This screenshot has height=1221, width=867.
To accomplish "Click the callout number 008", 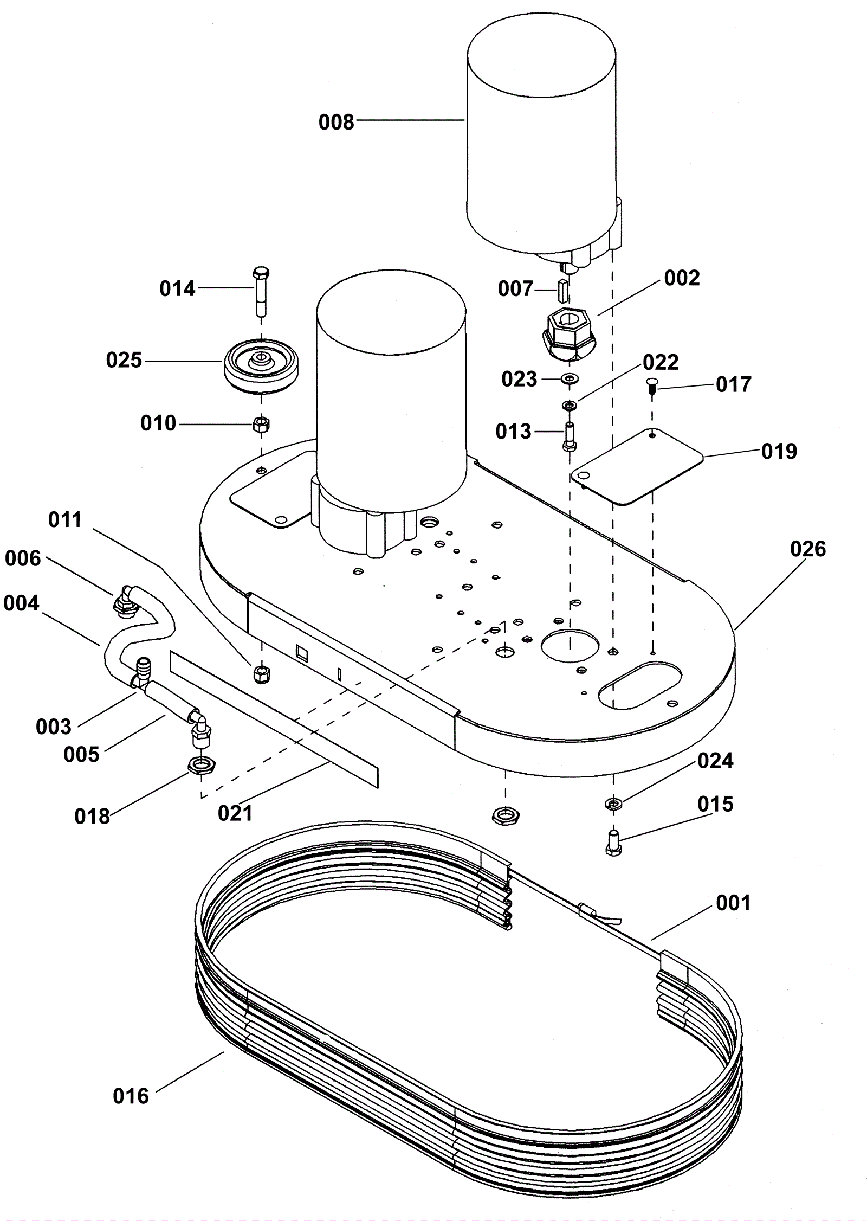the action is [x=336, y=123].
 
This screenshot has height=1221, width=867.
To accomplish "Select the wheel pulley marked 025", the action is [x=262, y=365].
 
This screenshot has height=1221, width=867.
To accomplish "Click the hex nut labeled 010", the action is [x=262, y=423].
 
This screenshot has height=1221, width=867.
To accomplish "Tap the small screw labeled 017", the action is [x=652, y=388].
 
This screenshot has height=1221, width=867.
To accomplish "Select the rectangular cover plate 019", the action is [x=638, y=466].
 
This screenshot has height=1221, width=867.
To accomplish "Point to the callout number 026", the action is [x=808, y=549].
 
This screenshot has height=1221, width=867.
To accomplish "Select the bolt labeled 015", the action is [x=613, y=843].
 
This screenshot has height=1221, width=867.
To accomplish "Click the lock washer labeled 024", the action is [x=613, y=804].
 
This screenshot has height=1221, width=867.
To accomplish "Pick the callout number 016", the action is [x=131, y=1096].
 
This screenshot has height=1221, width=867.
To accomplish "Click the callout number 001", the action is [x=733, y=903].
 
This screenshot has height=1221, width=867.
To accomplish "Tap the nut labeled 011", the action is [x=262, y=674].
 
